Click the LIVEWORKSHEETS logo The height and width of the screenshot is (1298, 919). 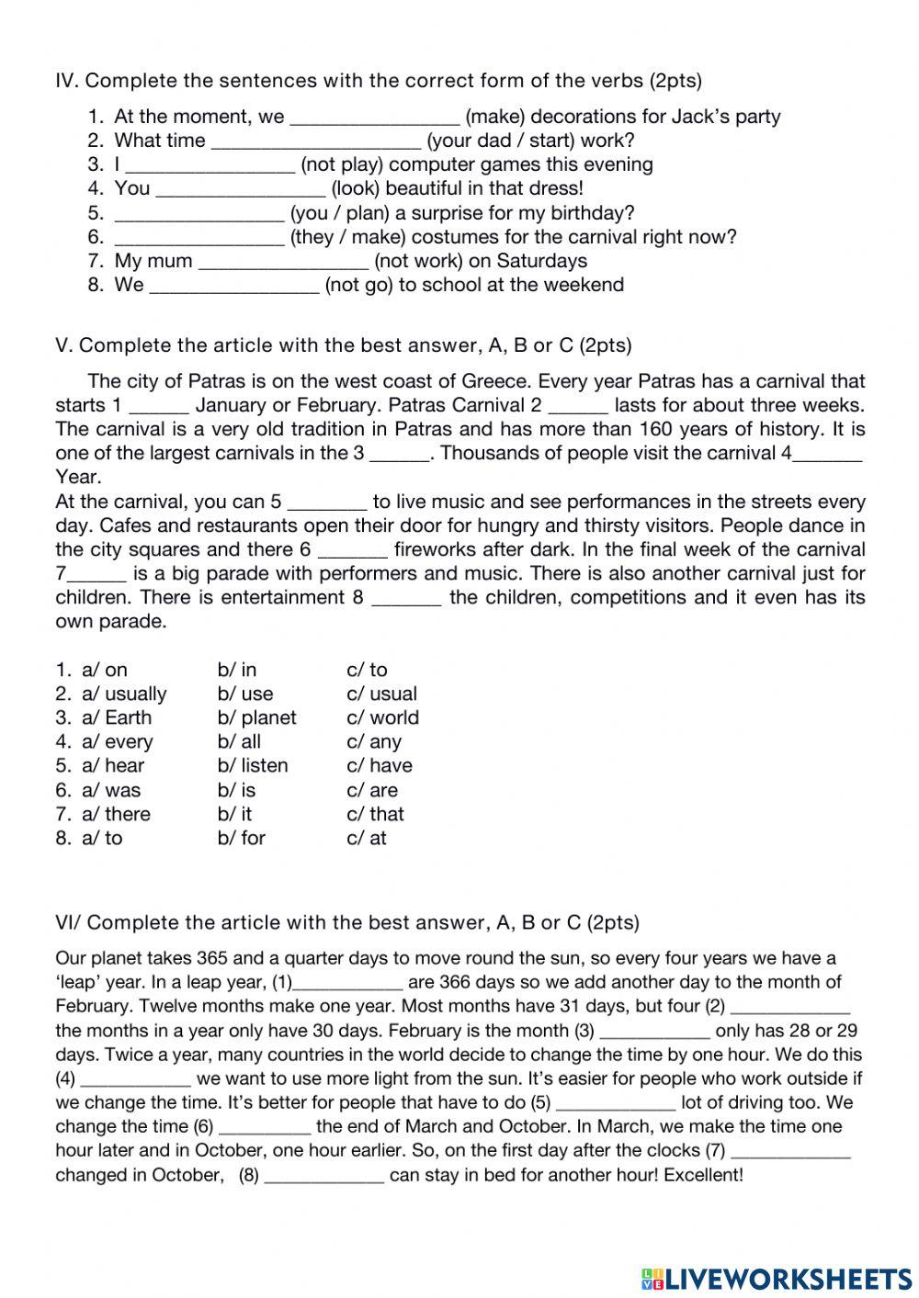click(x=777, y=1278)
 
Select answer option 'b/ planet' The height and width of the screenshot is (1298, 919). click(x=256, y=717)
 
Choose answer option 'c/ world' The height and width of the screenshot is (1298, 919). click(x=382, y=717)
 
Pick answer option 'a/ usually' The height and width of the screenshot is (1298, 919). click(x=124, y=694)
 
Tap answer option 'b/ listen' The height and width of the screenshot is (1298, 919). click(x=253, y=765)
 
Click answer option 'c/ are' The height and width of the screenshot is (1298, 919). click(x=372, y=790)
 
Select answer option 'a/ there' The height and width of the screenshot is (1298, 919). click(x=116, y=814)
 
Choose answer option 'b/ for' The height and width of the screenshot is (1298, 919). click(x=242, y=838)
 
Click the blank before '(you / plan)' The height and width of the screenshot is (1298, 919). click(x=199, y=214)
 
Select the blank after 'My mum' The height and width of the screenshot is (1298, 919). click(x=282, y=262)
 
